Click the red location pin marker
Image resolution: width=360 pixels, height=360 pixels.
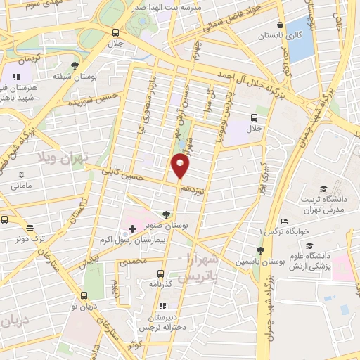click(181, 166)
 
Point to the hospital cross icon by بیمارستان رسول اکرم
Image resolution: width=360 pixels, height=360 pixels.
click(132, 229)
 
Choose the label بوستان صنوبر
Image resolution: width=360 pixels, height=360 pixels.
click(166, 226)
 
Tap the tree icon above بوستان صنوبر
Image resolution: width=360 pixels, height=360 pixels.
click(166, 215)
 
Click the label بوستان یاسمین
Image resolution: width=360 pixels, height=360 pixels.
click(260, 261)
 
